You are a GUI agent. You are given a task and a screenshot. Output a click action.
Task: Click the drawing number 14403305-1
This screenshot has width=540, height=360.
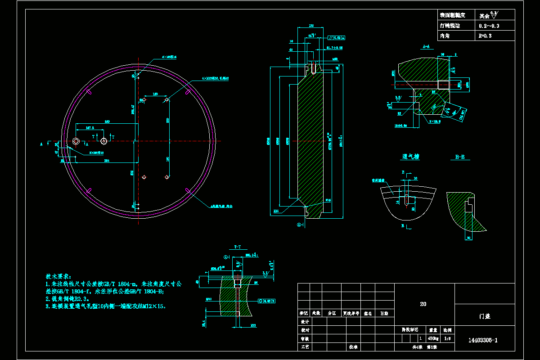coord(483,340)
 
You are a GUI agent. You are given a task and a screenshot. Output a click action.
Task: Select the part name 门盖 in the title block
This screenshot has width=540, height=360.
coord(485,316)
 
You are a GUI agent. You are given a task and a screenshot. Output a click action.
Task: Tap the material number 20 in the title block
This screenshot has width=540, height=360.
coord(423,304)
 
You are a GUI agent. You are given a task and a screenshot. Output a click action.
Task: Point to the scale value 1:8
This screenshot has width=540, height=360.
coord(447,337)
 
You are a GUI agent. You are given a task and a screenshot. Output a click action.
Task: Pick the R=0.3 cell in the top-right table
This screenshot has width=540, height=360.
coord(483,36)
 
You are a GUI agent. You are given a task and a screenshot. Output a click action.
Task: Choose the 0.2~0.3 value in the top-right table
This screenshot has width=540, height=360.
coord(489,26)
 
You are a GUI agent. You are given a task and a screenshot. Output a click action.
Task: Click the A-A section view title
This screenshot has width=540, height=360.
coord(427,46)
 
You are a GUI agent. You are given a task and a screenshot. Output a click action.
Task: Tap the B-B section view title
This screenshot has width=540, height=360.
coord(459,157)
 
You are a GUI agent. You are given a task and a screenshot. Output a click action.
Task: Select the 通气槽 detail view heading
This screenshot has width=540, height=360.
coord(410,157)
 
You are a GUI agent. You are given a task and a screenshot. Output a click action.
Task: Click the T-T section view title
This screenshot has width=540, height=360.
coord(238,247)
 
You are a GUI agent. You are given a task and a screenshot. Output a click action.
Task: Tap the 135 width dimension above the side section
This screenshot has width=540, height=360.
coord(311,26)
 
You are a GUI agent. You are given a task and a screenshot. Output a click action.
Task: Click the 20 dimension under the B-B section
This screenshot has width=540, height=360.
coord(468,238)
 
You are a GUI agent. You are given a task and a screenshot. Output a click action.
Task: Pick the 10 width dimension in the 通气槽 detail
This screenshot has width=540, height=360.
coord(415,179)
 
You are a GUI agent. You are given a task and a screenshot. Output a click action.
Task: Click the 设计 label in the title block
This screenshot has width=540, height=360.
coord(305,322)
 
